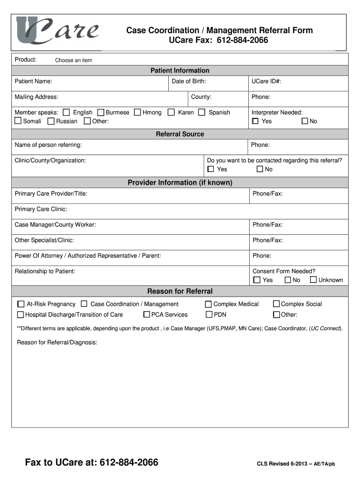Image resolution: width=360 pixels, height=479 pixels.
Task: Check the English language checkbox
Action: (66, 112)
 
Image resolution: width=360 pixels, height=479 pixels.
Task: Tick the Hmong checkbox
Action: (137, 112)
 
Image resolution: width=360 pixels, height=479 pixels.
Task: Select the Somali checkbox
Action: (18, 121)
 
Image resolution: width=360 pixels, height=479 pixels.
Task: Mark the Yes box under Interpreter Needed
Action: (255, 121)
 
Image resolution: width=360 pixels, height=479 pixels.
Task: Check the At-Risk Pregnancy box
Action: (21, 304)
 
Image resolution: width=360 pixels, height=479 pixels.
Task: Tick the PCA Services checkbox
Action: (147, 315)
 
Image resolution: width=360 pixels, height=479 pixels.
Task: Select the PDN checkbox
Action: (209, 315)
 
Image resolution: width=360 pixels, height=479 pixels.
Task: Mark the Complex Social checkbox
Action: (276, 304)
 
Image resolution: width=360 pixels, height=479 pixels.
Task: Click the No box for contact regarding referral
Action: (260, 169)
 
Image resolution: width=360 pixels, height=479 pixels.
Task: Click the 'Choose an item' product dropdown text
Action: (73, 60)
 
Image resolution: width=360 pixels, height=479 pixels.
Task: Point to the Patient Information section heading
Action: (180, 71)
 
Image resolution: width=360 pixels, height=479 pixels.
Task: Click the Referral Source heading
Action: (180, 134)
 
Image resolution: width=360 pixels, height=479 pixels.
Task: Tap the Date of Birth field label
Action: (189, 81)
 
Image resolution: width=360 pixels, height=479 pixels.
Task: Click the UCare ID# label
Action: (266, 81)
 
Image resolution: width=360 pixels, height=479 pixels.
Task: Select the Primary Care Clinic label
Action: (41, 209)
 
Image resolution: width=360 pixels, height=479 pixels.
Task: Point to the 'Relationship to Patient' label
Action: (45, 271)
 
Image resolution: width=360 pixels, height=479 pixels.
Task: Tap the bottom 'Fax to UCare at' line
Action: (92, 463)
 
